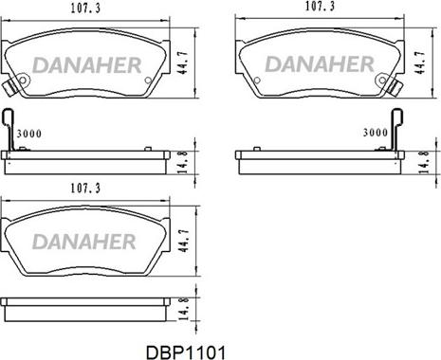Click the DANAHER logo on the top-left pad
[88, 64]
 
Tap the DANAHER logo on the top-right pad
[320, 64]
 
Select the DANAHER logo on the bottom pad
[88, 241]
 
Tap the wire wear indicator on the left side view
[11, 130]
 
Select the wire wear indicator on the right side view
[399, 130]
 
